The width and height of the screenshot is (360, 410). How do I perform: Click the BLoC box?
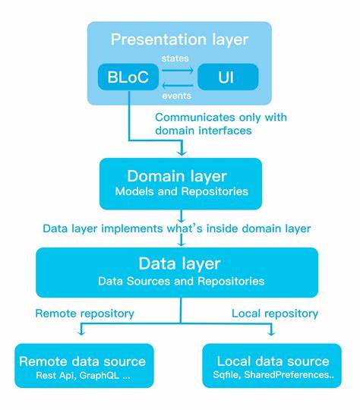[x=128, y=77]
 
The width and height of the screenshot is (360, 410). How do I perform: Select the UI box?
[x=227, y=77]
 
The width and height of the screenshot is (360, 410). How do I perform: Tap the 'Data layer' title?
[x=180, y=263]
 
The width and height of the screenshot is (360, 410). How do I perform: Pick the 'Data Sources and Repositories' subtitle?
[x=180, y=281]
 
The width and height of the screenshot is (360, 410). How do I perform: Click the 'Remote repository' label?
[x=84, y=313]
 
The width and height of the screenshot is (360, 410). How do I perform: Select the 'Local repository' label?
[x=274, y=313]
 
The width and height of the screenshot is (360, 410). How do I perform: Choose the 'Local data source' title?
[x=273, y=361]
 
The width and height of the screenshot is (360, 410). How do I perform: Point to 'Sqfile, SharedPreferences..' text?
[x=273, y=375]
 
